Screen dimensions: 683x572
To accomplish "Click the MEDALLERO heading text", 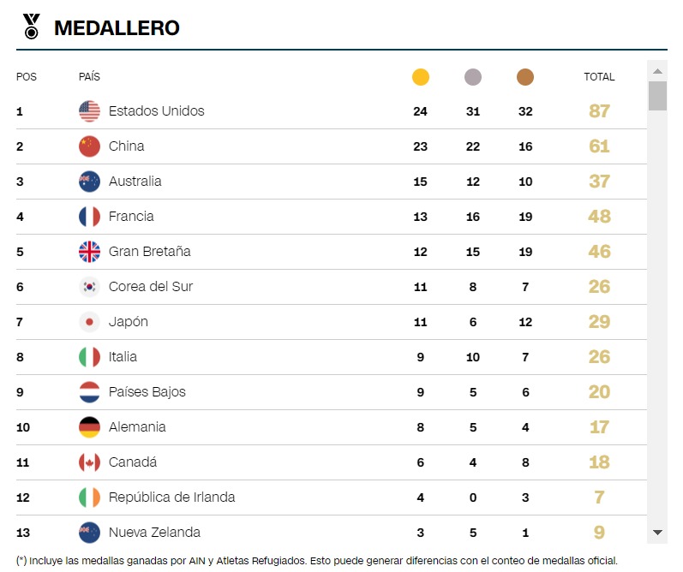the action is pyautogui.click(x=117, y=28).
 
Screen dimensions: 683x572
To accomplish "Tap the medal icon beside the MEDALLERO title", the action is pyautogui.click(x=32, y=27).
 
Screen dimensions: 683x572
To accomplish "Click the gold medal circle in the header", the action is pyautogui.click(x=421, y=77).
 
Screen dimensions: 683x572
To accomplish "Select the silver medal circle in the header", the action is pyautogui.click(x=472, y=77).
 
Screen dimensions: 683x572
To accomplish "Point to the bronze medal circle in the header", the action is pyautogui.click(x=524, y=77).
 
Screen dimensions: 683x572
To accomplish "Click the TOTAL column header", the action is pyautogui.click(x=599, y=77).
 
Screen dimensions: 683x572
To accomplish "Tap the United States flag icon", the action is pyautogui.click(x=89, y=111).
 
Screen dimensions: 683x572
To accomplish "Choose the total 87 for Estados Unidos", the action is pyautogui.click(x=599, y=111).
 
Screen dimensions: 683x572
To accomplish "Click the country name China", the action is pyautogui.click(x=126, y=146).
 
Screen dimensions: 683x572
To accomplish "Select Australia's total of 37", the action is pyautogui.click(x=599, y=181).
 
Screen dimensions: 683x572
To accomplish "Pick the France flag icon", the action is pyautogui.click(x=89, y=217).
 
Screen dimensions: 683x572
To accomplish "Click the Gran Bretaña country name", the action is pyautogui.click(x=149, y=251).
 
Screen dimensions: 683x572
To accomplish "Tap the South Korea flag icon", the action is pyautogui.click(x=89, y=287).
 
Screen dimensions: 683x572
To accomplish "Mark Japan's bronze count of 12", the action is pyautogui.click(x=525, y=322).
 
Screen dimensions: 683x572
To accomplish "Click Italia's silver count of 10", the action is pyautogui.click(x=472, y=357).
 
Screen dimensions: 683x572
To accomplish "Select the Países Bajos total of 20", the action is pyautogui.click(x=599, y=392).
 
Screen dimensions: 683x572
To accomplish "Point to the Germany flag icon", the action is pyautogui.click(x=89, y=427).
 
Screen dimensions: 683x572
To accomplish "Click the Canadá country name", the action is pyautogui.click(x=133, y=462).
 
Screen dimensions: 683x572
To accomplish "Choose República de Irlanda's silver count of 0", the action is pyautogui.click(x=472, y=498).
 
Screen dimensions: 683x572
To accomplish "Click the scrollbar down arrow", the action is pyautogui.click(x=657, y=533).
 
